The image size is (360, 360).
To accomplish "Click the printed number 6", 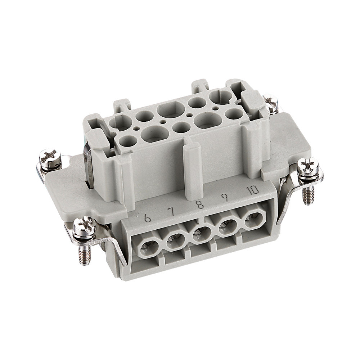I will click(x=147, y=218).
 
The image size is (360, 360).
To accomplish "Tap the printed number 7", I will click(x=172, y=212).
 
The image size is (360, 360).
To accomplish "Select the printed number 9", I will click(x=225, y=197).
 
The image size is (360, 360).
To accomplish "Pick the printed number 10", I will click(x=253, y=190).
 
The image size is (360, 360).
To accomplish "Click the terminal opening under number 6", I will click(x=148, y=246).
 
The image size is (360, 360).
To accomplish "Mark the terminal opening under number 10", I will click(x=253, y=219).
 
